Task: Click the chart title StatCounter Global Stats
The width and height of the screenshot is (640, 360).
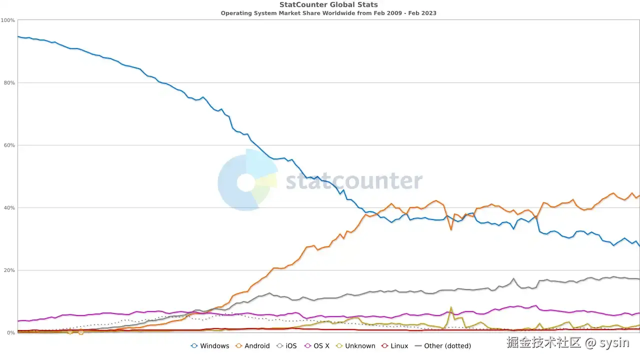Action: (328, 5)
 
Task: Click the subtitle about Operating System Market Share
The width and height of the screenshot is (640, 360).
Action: (328, 13)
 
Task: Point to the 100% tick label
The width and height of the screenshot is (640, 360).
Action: (8, 20)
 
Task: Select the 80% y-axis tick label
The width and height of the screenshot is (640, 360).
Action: (9, 83)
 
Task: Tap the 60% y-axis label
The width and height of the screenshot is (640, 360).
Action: (9, 145)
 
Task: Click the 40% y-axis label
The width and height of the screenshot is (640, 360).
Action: (9, 208)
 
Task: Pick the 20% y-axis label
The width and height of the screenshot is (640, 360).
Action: (9, 270)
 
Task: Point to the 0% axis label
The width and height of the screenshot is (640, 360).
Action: (10, 333)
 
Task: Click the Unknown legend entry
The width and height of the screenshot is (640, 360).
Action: (355, 346)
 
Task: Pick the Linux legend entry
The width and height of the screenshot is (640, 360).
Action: (394, 346)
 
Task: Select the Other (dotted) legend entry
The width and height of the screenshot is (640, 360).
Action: (443, 346)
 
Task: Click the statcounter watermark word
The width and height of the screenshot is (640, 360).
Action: (353, 181)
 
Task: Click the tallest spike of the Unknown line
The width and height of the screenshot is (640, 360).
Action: (451, 308)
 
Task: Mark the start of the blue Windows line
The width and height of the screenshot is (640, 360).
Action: (18, 36)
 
